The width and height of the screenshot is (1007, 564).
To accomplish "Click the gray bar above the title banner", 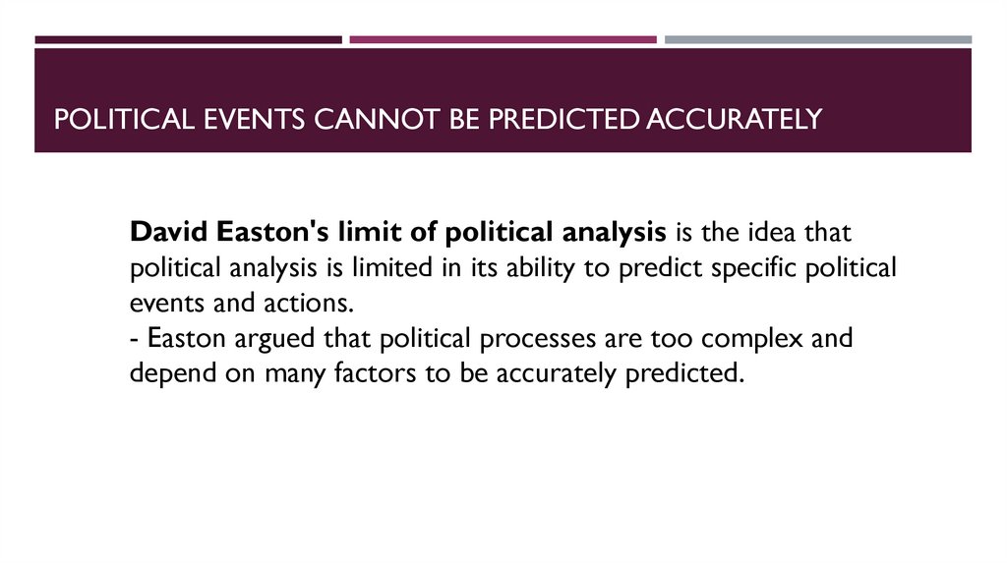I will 817,39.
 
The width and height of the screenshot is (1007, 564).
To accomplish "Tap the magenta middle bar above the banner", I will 503,39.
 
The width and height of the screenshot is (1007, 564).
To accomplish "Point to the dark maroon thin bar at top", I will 188,39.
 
